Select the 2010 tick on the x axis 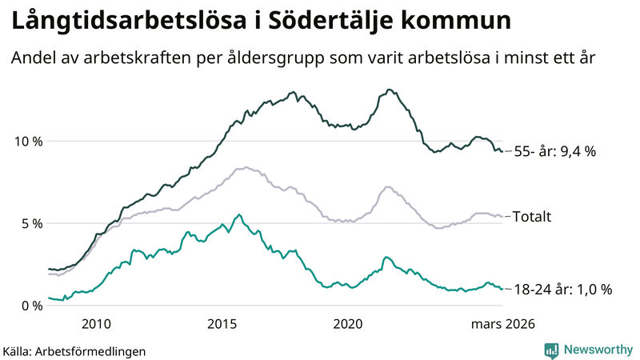pos(95,324)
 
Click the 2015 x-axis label pos(222,324)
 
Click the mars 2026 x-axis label pos(502,324)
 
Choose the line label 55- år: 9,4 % pos(554,150)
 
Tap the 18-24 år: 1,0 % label pos(562,290)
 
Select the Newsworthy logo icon pos(551,350)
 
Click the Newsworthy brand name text pos(596,350)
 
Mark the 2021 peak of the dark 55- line pos(389,90)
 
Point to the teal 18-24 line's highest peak pos(238,214)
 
